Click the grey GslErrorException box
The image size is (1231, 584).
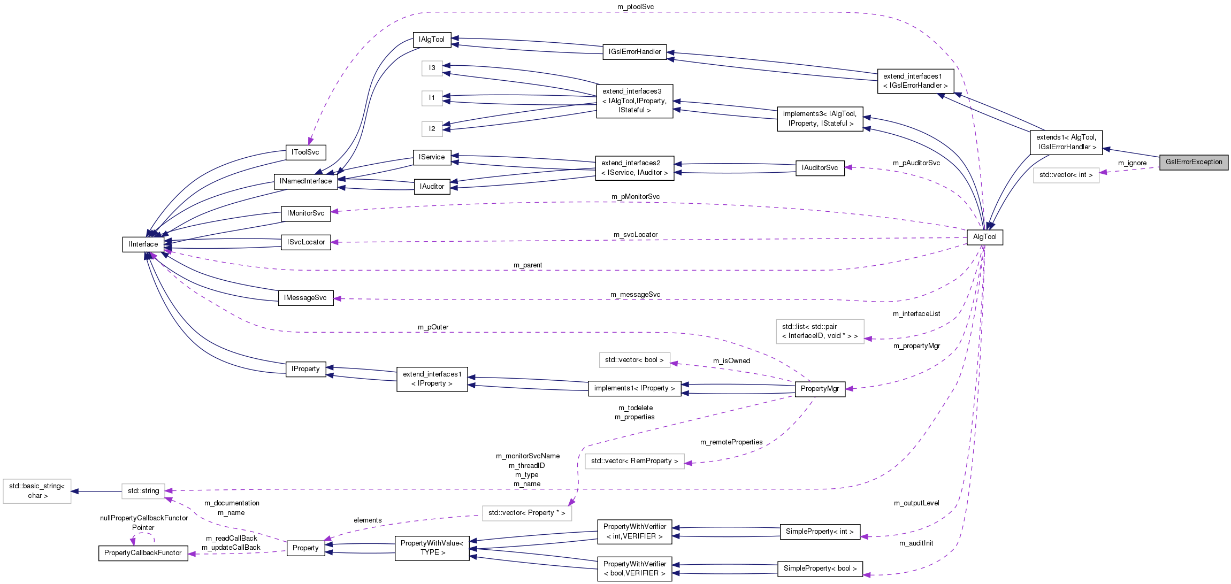tap(1194, 162)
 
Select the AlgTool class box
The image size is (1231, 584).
tap(984, 237)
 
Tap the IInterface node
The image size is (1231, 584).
tap(143, 244)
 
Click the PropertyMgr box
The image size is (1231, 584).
tap(820, 389)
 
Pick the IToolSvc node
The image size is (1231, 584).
tap(305, 152)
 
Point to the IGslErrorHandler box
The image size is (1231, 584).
tap(634, 52)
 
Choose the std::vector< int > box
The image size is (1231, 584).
tap(1066, 175)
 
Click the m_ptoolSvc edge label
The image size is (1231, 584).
tap(635, 7)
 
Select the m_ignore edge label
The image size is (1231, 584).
tap(1132, 163)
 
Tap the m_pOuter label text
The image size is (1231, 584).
tap(433, 327)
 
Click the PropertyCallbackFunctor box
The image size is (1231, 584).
tap(143, 553)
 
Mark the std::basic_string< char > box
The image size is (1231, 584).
tap(37, 491)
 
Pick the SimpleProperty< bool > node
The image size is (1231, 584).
tap(820, 568)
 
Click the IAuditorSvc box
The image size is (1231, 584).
tap(820, 168)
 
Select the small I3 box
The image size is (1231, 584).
tap(432, 68)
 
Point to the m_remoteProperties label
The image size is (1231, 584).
tap(731, 442)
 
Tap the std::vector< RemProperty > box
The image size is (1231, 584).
tap(634, 461)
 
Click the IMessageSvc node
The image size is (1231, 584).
tap(305, 298)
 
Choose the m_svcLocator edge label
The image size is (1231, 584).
tap(635, 235)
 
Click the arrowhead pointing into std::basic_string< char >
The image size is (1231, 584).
tap(75, 491)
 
